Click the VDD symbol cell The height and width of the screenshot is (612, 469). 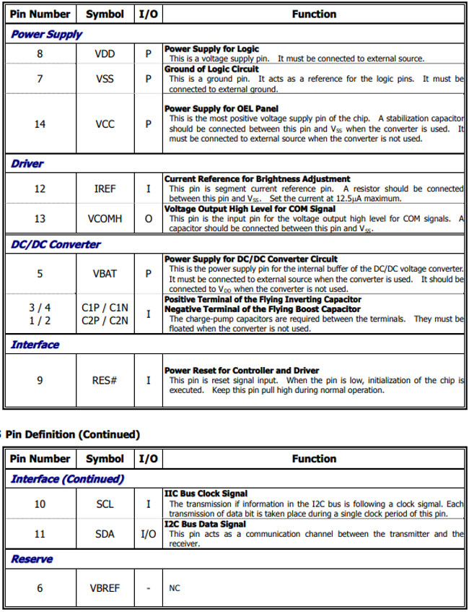point(105,54)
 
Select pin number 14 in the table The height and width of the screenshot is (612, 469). point(40,124)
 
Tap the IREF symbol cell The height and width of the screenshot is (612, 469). point(105,189)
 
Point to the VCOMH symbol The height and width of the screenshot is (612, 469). point(105,219)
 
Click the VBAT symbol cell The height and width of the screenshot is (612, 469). point(105,274)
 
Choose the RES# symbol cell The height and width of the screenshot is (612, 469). point(105,380)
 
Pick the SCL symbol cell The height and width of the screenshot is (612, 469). point(105,504)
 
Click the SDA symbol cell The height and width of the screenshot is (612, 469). point(105,534)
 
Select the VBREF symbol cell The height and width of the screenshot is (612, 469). point(105,588)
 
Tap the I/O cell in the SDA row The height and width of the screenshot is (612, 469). point(149,534)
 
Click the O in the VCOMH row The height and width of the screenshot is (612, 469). point(149,219)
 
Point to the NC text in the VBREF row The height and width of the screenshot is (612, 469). point(175,588)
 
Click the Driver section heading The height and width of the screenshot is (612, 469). point(27,164)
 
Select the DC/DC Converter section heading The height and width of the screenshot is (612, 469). point(56,244)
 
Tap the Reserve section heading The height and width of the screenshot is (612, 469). point(32,559)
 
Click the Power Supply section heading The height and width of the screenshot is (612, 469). point(46,34)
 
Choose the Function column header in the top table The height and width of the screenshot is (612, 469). point(314,14)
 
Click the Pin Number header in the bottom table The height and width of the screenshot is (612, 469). point(40,458)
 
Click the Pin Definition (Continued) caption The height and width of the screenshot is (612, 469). point(72,434)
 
